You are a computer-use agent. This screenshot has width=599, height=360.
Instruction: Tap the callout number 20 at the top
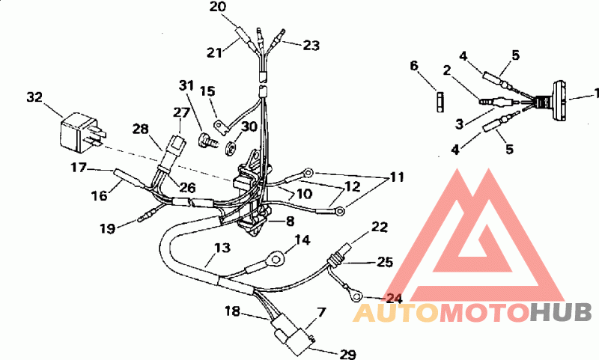[x=218, y=7]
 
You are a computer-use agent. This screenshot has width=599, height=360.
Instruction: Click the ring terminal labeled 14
[x=276, y=257]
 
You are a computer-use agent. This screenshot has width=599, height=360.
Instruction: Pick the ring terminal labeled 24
[x=356, y=296]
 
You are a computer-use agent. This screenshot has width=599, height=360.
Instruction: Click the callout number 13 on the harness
[x=222, y=248]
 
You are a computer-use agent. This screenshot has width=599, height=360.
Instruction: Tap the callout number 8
[x=290, y=221]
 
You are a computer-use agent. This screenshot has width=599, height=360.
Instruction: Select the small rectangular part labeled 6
[x=440, y=102]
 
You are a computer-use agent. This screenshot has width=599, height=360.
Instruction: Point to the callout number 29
[x=347, y=355]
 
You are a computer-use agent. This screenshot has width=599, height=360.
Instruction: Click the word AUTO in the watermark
[x=396, y=313]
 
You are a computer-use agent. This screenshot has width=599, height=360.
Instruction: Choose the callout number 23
[x=311, y=46]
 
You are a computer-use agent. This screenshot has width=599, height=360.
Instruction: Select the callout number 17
[x=79, y=167]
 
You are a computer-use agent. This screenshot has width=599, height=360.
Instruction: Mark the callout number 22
[x=380, y=227]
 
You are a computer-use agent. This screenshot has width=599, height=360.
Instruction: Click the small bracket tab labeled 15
[x=221, y=126]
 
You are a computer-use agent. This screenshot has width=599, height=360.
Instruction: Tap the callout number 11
[x=397, y=177]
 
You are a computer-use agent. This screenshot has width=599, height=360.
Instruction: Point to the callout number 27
[x=181, y=112]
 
